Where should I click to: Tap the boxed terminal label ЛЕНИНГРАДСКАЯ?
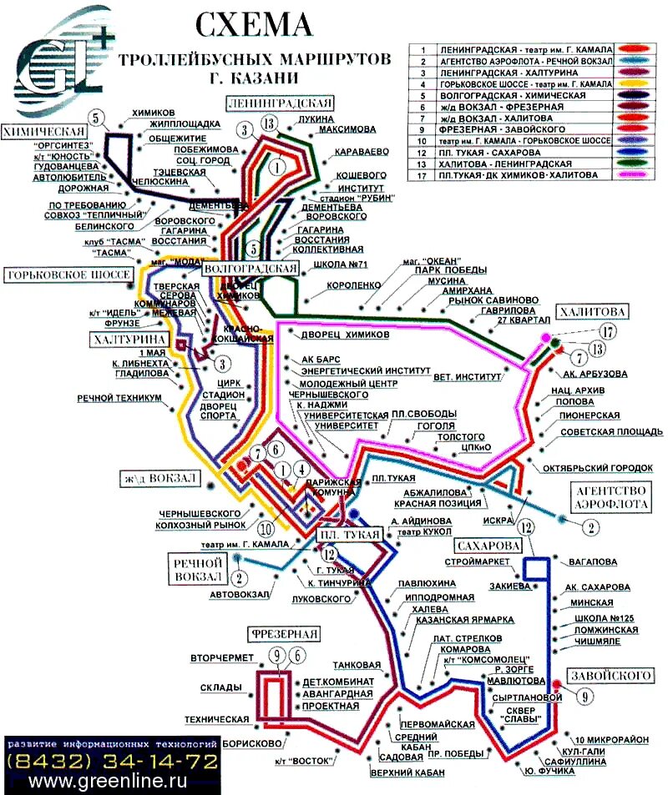pos(281,103)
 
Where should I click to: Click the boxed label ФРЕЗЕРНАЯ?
pos(283,634)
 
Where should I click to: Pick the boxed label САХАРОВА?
pos(488,546)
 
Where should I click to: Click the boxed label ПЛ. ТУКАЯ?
pos(350,535)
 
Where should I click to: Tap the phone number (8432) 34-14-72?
pos(112,762)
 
